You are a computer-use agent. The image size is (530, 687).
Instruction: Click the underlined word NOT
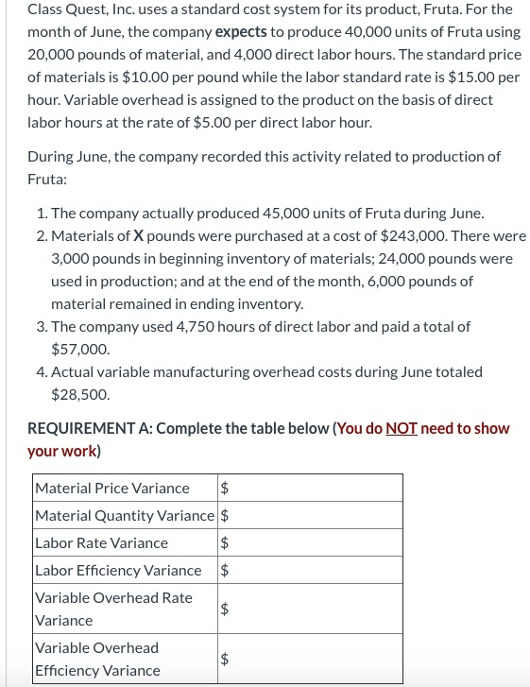tap(402, 429)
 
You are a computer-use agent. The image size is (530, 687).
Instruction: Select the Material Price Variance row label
tap(111, 489)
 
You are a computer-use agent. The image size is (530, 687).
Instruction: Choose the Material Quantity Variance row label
tap(125, 516)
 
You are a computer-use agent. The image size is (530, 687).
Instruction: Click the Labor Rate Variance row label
tap(101, 543)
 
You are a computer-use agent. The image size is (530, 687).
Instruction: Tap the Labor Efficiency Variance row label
tap(118, 571)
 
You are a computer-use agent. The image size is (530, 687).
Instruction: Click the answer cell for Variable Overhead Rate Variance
tap(310, 610)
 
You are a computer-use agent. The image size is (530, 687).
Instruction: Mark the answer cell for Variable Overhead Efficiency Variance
tap(310, 660)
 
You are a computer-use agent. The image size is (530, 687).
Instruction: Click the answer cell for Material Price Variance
tap(310, 489)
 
